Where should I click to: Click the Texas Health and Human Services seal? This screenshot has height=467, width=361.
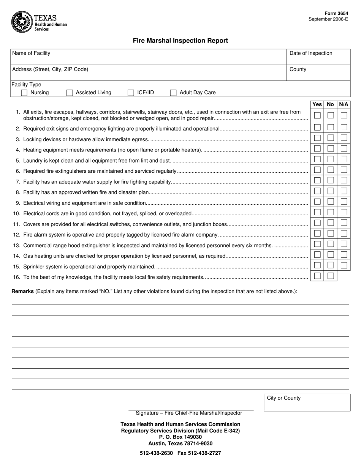pos(22,22)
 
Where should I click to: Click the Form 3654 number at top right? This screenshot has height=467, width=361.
pos(336,13)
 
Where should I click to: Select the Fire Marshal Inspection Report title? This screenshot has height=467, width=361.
pos(180,41)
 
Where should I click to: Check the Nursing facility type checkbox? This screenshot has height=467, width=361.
pos(24,93)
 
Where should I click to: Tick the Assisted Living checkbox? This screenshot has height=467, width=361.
pos(70,93)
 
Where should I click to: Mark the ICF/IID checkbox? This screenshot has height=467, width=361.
pos(131,93)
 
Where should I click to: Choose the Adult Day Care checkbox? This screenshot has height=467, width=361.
pos(173,93)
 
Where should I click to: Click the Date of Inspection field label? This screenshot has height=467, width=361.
pos(311,53)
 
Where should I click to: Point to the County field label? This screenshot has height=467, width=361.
pos(298,69)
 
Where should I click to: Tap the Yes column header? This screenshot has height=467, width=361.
pos(317,104)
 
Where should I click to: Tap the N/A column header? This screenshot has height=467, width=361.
pos(344,104)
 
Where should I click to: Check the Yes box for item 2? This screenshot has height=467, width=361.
pos(317,128)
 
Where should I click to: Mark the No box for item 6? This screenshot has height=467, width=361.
pos(331,170)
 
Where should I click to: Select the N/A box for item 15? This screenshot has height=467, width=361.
pos(344,265)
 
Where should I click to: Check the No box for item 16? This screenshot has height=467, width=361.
pos(331,276)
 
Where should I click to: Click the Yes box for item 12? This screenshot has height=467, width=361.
pos(317,233)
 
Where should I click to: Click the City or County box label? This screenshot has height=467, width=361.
pos(283,398)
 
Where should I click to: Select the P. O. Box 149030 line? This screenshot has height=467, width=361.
pos(180,437)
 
